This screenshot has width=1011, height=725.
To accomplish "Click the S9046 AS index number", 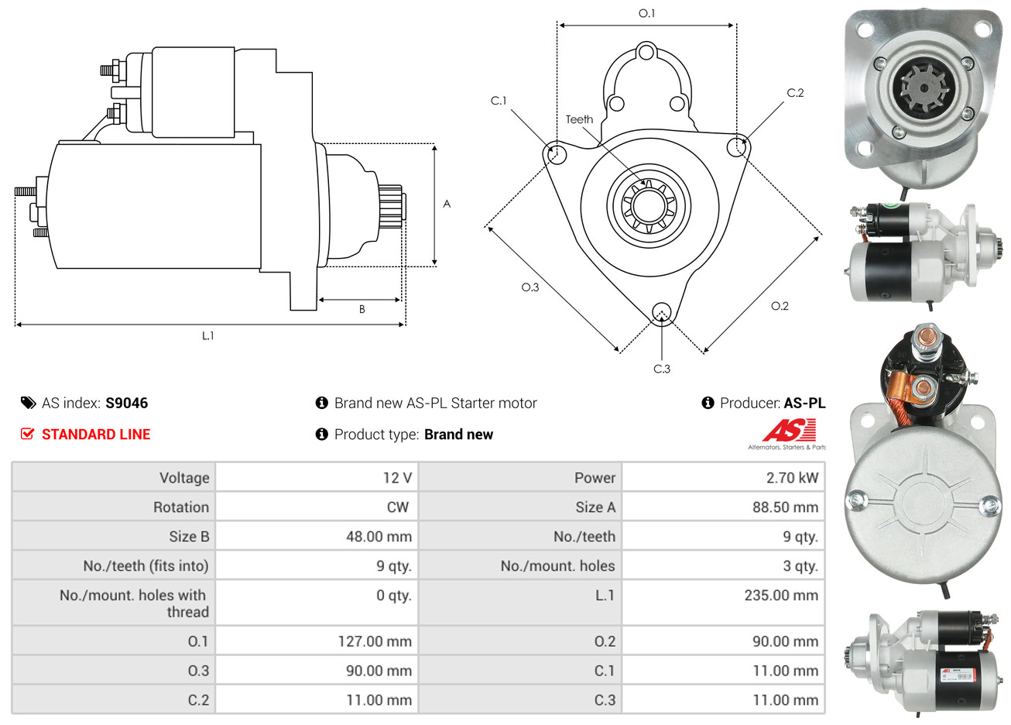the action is (x=126, y=403).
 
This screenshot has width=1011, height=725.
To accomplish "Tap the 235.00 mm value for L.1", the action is (x=781, y=595).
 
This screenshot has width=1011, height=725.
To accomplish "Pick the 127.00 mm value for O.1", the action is (x=375, y=641).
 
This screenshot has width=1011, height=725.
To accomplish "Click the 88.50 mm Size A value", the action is (x=785, y=507).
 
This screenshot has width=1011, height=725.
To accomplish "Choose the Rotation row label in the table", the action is (x=181, y=507).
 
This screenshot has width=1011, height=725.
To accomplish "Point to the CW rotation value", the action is (x=398, y=507).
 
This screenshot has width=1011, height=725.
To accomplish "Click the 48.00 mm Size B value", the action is (x=379, y=536).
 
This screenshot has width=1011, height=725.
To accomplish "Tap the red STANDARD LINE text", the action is (x=96, y=434).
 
